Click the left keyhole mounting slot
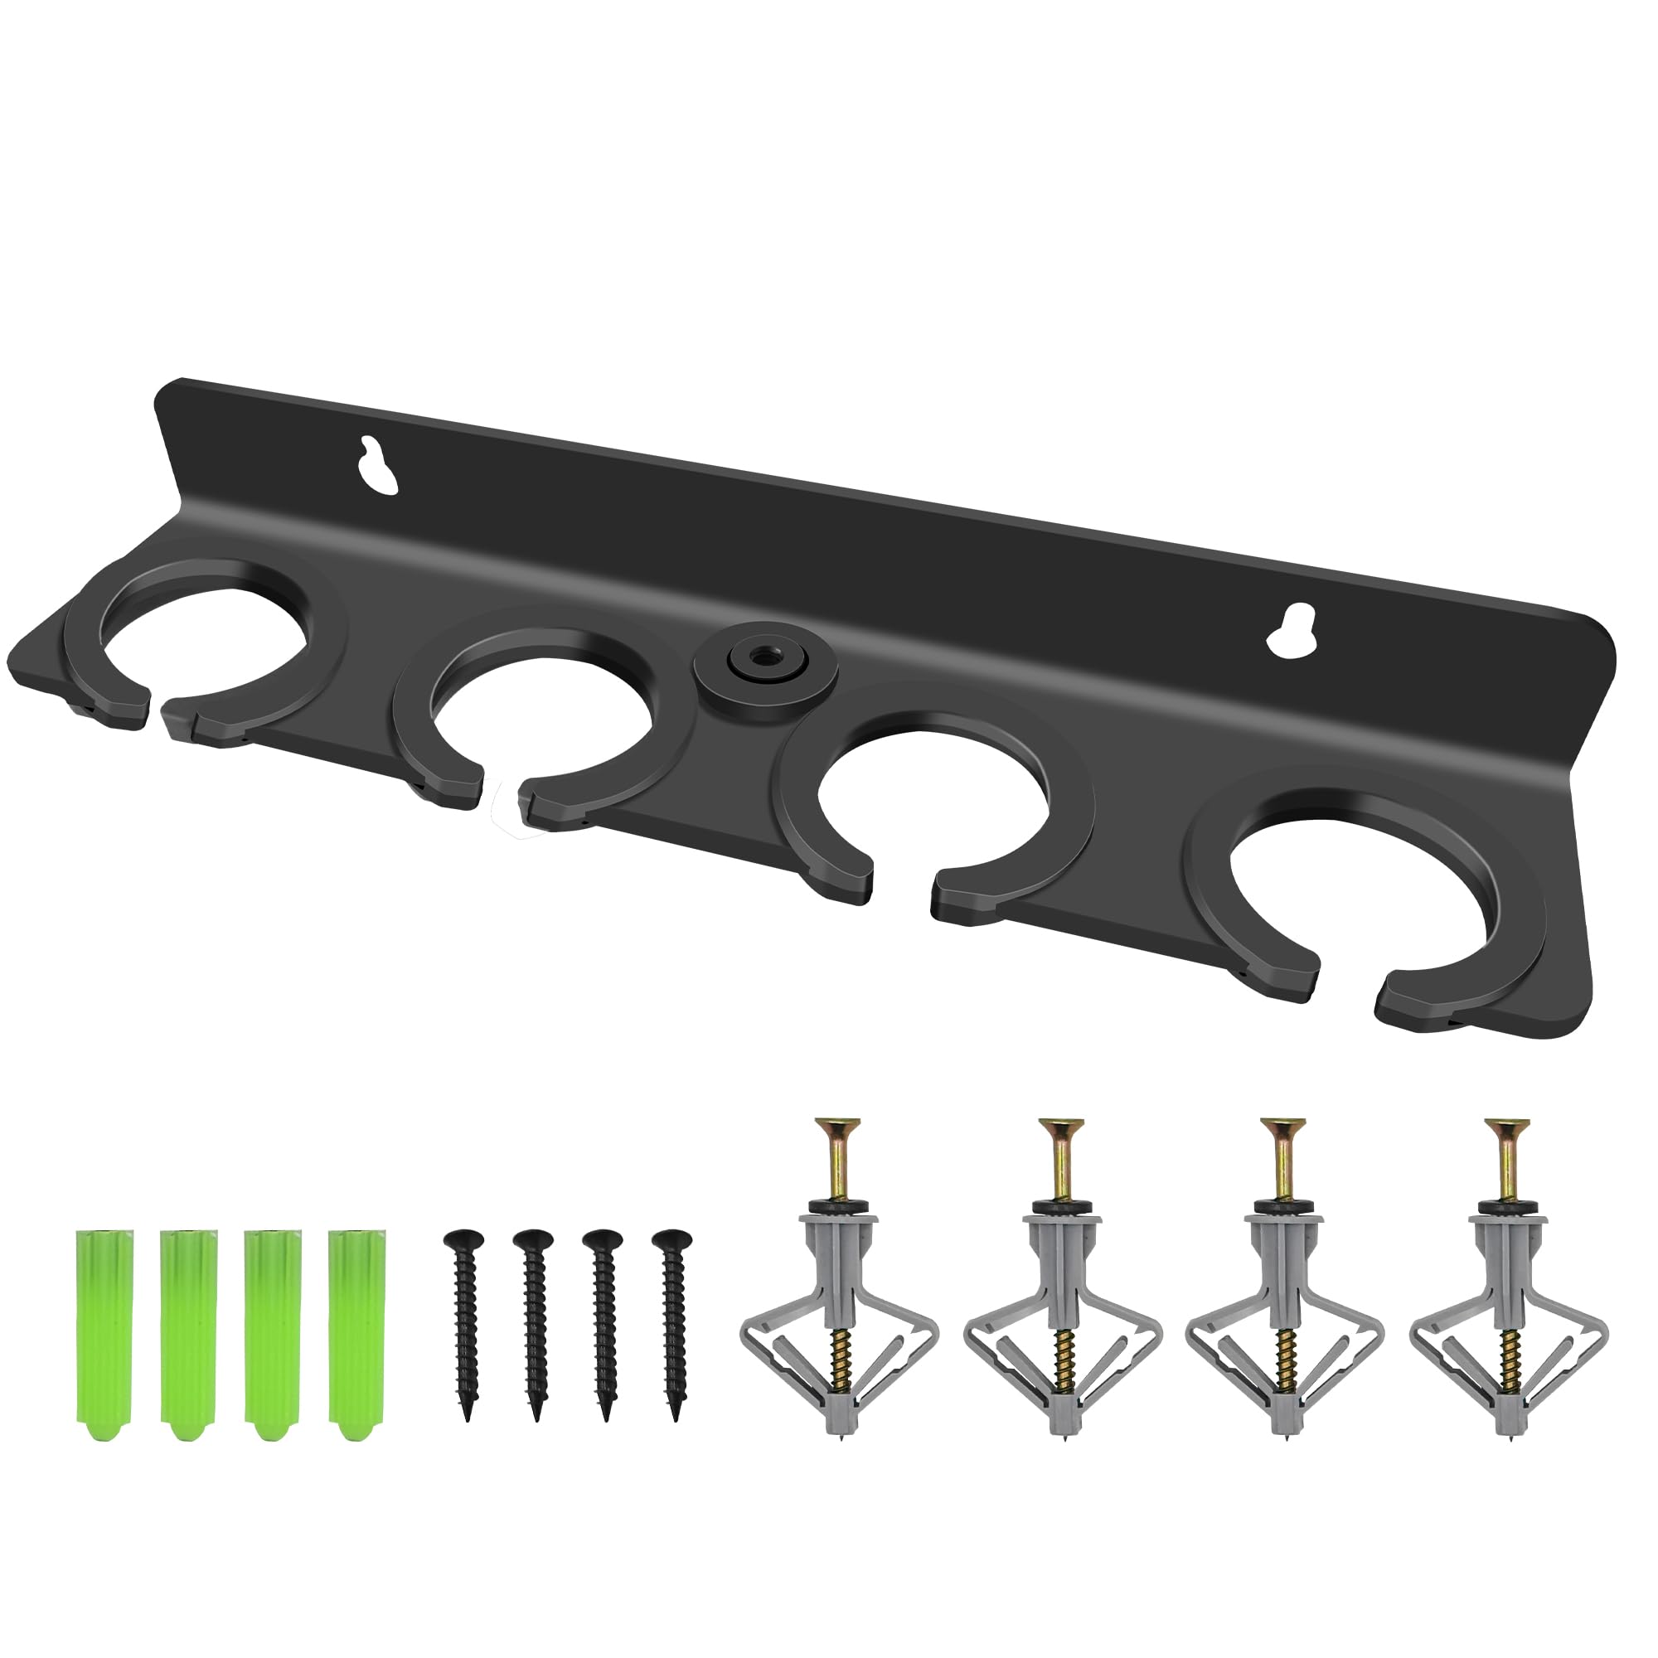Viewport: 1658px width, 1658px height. pyautogui.click(x=379, y=465)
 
